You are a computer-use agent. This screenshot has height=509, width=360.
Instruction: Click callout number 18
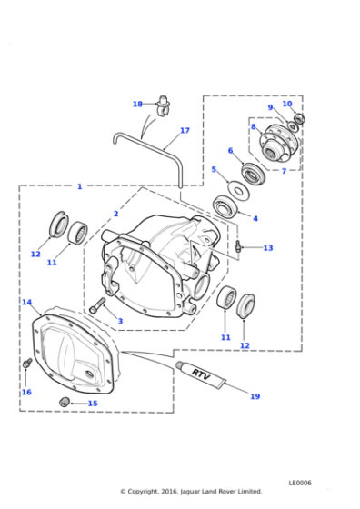[137, 104]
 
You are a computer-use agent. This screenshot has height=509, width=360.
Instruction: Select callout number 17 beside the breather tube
[185, 131]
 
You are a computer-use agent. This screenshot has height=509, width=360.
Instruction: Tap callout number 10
[287, 104]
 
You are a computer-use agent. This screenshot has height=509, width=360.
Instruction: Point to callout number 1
[79, 186]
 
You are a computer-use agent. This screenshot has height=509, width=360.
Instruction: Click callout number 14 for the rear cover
[27, 302]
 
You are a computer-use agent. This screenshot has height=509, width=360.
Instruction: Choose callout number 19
[255, 396]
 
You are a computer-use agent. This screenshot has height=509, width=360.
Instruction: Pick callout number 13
[267, 247]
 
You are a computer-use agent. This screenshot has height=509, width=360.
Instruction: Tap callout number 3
[119, 321]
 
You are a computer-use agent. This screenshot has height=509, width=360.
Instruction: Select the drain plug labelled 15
[65, 402]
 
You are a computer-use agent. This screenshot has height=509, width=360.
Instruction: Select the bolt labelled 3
[99, 304]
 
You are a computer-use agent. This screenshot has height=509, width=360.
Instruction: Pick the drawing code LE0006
[301, 483]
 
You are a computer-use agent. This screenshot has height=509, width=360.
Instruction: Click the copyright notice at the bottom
[190, 491]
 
